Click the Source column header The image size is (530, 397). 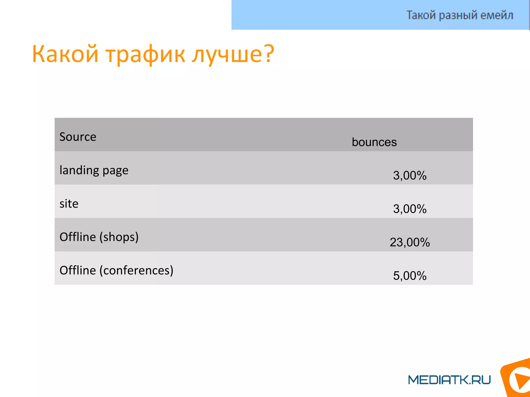click(78, 137)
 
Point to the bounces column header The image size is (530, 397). click(374, 142)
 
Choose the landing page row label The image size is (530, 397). click(94, 170)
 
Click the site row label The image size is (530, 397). click(69, 204)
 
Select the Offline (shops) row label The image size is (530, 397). click(99, 237)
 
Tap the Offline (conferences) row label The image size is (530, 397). click(116, 270)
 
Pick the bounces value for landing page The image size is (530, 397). click(410, 175)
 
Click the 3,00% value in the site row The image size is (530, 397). click(410, 209)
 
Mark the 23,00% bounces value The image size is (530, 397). click(410, 242)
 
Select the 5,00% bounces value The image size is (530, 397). click(410, 276)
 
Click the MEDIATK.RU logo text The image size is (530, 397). click(449, 380)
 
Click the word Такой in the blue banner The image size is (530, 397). click(421, 15)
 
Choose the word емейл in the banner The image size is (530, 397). click(497, 15)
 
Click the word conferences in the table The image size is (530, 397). click(136, 270)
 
